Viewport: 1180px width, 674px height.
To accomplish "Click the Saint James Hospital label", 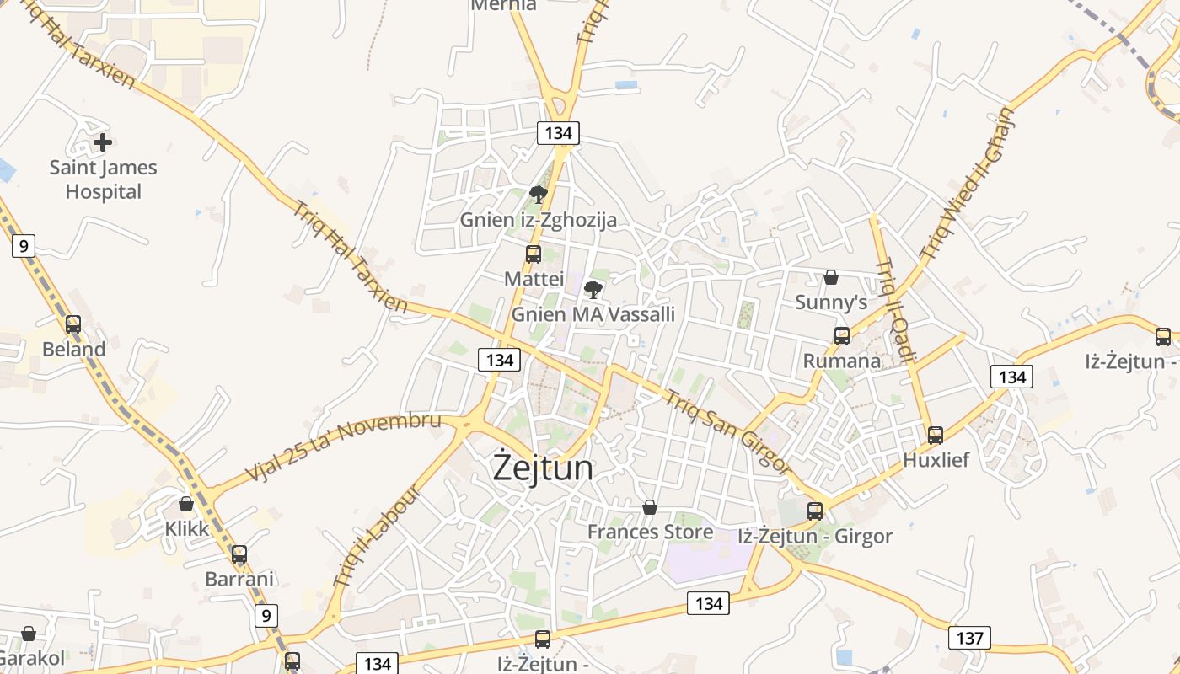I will [x=103, y=179].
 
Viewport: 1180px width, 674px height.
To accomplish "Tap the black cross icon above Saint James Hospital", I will [x=103, y=142].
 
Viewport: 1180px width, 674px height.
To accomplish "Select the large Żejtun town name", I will [x=543, y=468].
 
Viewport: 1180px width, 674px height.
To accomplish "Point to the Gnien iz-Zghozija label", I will [x=538, y=221].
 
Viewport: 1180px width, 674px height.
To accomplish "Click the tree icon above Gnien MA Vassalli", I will [x=593, y=290].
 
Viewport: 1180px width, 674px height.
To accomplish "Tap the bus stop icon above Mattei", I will [x=534, y=254].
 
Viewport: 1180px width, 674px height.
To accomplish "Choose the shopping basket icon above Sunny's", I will [x=831, y=277].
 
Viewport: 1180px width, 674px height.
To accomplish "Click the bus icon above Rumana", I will [x=842, y=336].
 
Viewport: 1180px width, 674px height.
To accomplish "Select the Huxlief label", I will [x=936, y=460].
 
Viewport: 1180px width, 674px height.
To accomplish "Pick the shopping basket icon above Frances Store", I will [x=650, y=507].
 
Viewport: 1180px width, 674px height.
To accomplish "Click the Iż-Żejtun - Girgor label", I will [x=814, y=536].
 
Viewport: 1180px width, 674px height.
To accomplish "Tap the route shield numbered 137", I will [x=969, y=638].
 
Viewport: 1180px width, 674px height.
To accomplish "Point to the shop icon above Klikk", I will [x=186, y=504].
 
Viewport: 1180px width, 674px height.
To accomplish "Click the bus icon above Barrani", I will [x=239, y=554].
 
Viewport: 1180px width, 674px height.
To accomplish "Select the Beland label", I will [x=74, y=349].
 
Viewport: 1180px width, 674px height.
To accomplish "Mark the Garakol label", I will [x=31, y=658].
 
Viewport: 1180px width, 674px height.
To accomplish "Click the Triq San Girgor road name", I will [x=727, y=432].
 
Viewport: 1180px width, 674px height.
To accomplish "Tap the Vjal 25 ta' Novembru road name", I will [x=343, y=447].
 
